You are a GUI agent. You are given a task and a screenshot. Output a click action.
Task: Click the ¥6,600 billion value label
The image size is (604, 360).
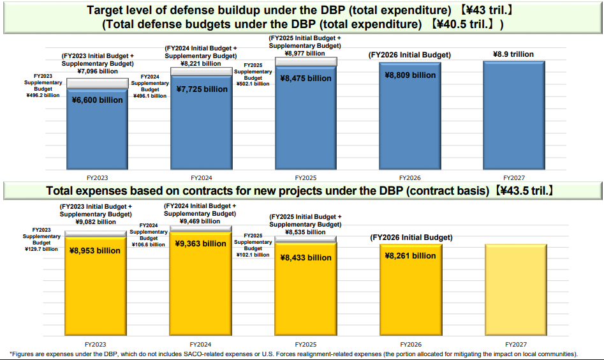[x=98, y=100]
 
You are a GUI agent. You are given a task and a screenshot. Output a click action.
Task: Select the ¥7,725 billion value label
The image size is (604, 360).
[x=202, y=89]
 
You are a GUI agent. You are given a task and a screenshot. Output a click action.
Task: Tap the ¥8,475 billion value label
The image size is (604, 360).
[x=306, y=79]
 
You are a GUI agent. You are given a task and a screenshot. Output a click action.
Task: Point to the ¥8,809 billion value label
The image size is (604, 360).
[x=410, y=75]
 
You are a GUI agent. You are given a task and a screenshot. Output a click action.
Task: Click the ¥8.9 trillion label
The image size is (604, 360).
[x=513, y=54]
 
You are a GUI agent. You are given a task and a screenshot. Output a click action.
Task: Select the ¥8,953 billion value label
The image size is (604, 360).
[x=95, y=251]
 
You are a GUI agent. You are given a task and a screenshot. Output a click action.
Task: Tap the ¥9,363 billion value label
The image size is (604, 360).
[x=201, y=244]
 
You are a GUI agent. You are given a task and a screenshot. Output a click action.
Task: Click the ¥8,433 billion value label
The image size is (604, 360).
[x=306, y=258]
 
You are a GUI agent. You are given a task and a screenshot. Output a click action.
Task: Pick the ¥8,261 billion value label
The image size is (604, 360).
[x=411, y=256]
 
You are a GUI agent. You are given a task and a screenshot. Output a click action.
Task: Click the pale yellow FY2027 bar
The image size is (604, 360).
[x=516, y=289]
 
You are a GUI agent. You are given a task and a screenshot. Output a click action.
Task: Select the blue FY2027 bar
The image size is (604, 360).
[x=514, y=116]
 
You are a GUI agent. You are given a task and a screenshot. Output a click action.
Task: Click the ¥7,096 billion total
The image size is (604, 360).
[x=98, y=71]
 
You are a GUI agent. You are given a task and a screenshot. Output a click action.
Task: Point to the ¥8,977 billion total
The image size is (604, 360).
[x=305, y=54]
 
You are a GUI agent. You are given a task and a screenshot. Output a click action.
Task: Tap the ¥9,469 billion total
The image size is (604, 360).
[x=200, y=221]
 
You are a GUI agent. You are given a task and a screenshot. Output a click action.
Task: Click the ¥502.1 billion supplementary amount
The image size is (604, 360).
[x=253, y=84]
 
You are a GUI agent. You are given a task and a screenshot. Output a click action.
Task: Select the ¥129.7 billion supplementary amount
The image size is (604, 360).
[x=41, y=250]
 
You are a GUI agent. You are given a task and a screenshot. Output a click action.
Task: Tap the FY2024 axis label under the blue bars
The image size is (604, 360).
[x=202, y=178]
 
